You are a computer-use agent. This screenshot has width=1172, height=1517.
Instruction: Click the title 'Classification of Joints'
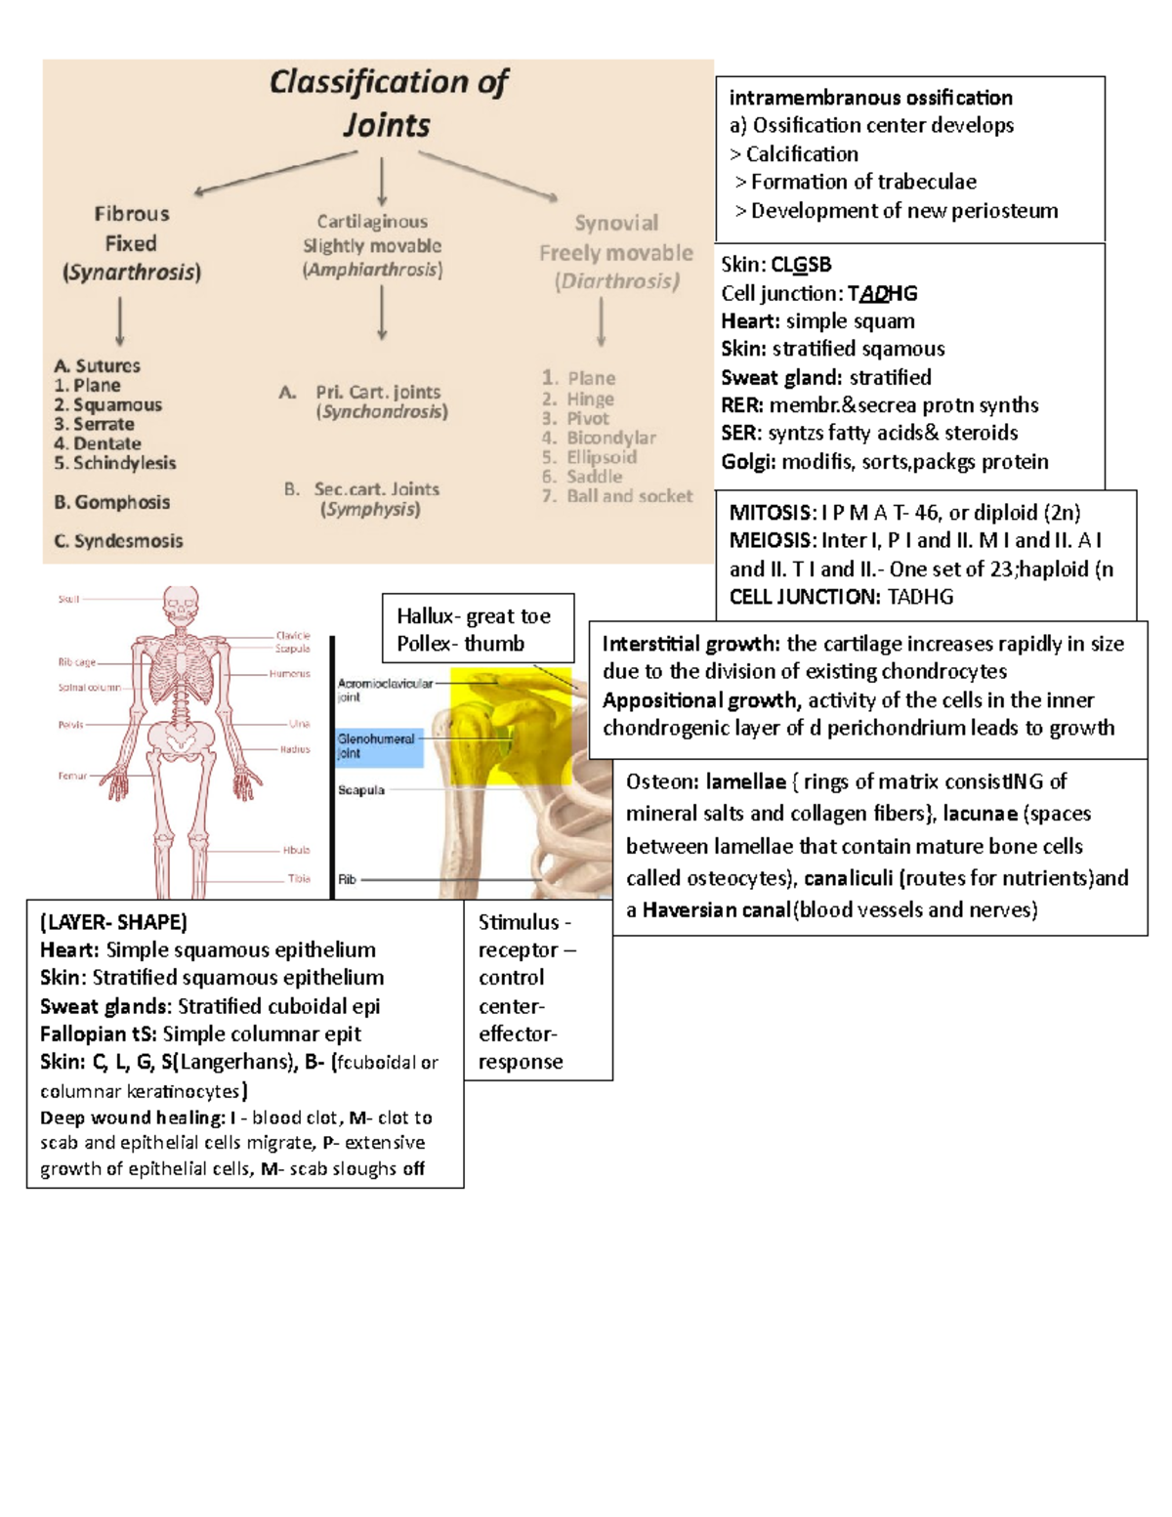click(388, 103)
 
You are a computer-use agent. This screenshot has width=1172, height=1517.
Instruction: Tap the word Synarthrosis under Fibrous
click(132, 273)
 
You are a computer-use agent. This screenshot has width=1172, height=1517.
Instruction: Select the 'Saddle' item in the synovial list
click(594, 477)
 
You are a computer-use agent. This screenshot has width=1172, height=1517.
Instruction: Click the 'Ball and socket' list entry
click(629, 496)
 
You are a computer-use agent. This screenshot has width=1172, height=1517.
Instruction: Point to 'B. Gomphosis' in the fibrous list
click(112, 502)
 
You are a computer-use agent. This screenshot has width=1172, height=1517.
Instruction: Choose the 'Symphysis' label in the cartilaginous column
click(370, 510)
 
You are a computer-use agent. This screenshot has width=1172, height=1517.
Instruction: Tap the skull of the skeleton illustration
click(181, 606)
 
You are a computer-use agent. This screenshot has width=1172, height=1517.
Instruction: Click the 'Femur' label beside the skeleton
click(72, 776)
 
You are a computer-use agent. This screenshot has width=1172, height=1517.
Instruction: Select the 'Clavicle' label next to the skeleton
click(293, 635)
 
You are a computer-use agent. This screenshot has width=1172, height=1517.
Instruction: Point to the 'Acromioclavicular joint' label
click(384, 690)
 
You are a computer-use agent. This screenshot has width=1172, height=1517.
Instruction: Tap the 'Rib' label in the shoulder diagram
click(347, 879)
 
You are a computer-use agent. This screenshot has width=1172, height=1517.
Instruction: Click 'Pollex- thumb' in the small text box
click(460, 644)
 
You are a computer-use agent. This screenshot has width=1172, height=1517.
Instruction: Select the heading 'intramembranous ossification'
click(870, 98)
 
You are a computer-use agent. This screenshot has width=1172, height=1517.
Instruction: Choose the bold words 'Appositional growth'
click(699, 700)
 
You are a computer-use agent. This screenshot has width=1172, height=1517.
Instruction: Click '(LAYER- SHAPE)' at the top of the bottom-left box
click(113, 922)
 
